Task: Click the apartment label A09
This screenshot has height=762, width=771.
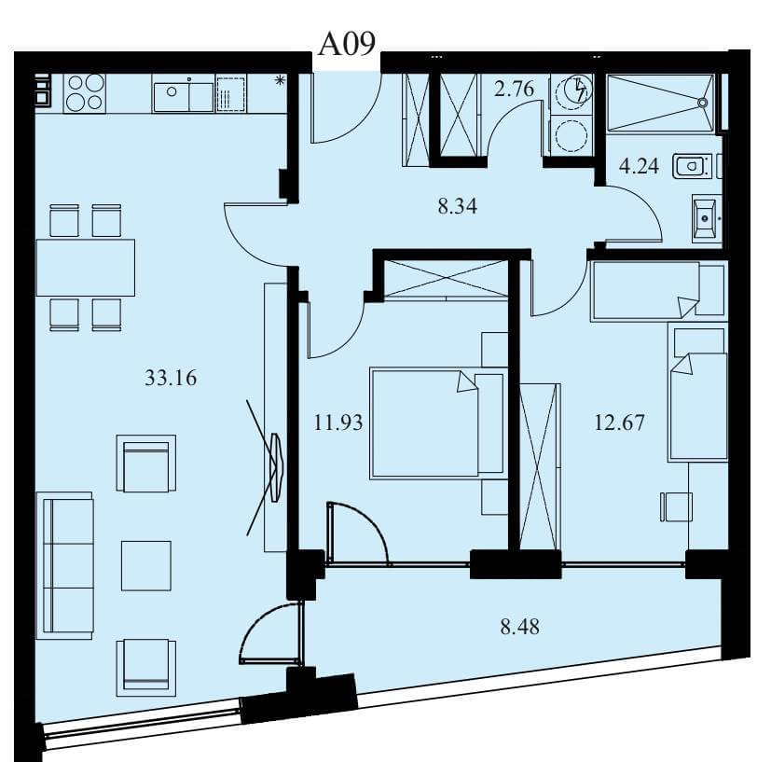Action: click(347, 44)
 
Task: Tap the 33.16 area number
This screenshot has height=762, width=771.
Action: click(171, 378)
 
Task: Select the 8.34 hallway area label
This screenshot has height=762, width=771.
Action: click(458, 206)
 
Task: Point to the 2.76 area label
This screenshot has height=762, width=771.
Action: click(514, 89)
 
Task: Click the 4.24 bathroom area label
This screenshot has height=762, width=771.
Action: click(639, 166)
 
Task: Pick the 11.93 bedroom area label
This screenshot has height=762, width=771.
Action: click(338, 423)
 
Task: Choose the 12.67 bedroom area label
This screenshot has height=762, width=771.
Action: click(619, 423)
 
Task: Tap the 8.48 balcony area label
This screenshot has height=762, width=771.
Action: click(519, 627)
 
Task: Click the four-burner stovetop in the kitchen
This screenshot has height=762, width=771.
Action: click(85, 93)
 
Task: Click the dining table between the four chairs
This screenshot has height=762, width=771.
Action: click(86, 268)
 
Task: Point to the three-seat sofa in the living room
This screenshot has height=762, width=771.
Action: click(68, 565)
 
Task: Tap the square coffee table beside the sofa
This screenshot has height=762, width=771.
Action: click(146, 566)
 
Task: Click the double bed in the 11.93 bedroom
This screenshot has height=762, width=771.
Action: click(438, 423)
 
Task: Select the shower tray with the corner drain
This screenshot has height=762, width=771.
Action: click(660, 103)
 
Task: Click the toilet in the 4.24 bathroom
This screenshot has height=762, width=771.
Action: click(693, 166)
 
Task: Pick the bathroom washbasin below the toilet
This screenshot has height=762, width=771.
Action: click(707, 218)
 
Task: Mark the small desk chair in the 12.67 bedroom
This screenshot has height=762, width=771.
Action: click(676, 506)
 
